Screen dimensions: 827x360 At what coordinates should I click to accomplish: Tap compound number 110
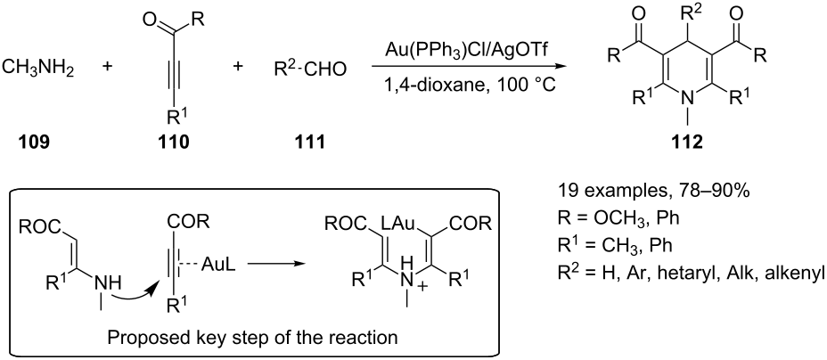point(175,143)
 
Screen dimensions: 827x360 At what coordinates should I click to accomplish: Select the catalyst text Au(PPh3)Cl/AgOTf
point(459,53)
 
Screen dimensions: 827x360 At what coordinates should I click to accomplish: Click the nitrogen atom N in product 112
point(684,96)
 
